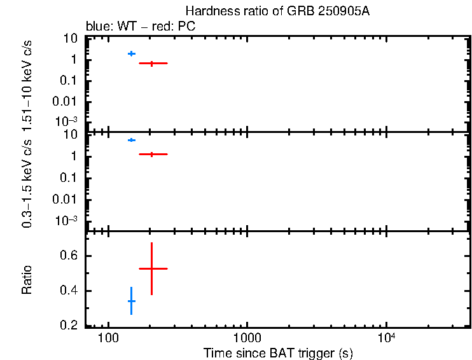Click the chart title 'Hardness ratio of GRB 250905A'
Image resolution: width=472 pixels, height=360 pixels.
[277, 11]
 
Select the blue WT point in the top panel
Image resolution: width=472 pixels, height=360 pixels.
[132, 53]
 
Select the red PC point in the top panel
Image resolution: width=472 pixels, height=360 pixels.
[152, 63]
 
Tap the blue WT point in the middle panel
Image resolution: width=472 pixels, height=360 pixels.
[132, 140]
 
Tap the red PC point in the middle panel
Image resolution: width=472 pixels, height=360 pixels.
[152, 154]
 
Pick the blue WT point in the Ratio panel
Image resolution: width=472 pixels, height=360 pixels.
[132, 301]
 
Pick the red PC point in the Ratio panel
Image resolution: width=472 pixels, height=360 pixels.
[152, 268]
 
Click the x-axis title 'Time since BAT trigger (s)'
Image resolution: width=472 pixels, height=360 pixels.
[278, 352]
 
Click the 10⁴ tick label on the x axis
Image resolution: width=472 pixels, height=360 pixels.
[386, 336]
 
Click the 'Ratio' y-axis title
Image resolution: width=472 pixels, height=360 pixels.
[27, 279]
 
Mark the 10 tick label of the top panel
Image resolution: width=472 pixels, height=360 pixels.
[71, 39]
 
